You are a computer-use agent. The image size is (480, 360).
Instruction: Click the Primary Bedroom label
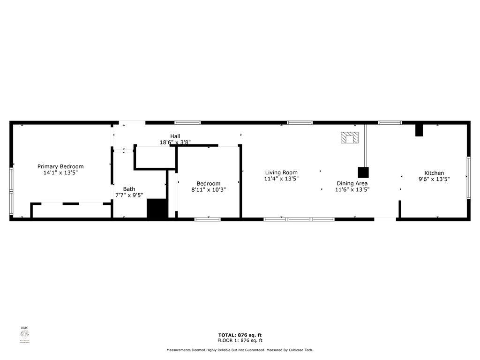click(60, 166)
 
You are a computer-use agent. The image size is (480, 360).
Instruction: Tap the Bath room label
click(129, 189)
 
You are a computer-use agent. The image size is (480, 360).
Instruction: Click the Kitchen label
click(434, 173)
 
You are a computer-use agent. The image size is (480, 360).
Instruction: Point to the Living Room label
click(281, 172)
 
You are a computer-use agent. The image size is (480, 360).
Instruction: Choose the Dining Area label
click(352, 183)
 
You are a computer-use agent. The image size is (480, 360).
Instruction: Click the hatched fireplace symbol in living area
click(350, 137)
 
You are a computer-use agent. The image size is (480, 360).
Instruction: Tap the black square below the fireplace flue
click(363, 172)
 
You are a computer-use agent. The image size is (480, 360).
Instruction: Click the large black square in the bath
click(157, 209)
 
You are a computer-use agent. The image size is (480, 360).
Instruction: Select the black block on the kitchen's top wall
click(419, 130)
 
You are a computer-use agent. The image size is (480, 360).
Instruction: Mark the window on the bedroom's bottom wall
click(208, 219)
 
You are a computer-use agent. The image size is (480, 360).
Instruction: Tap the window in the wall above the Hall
click(187, 123)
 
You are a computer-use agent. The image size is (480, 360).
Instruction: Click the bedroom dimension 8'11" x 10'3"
click(209, 190)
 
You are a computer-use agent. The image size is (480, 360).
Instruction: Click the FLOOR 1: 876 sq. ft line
click(240, 341)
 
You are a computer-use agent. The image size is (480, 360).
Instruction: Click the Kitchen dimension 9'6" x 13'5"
click(434, 179)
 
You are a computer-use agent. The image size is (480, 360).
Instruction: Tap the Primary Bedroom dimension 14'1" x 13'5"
click(60, 172)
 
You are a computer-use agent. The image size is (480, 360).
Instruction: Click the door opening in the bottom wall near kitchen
click(385, 218)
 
